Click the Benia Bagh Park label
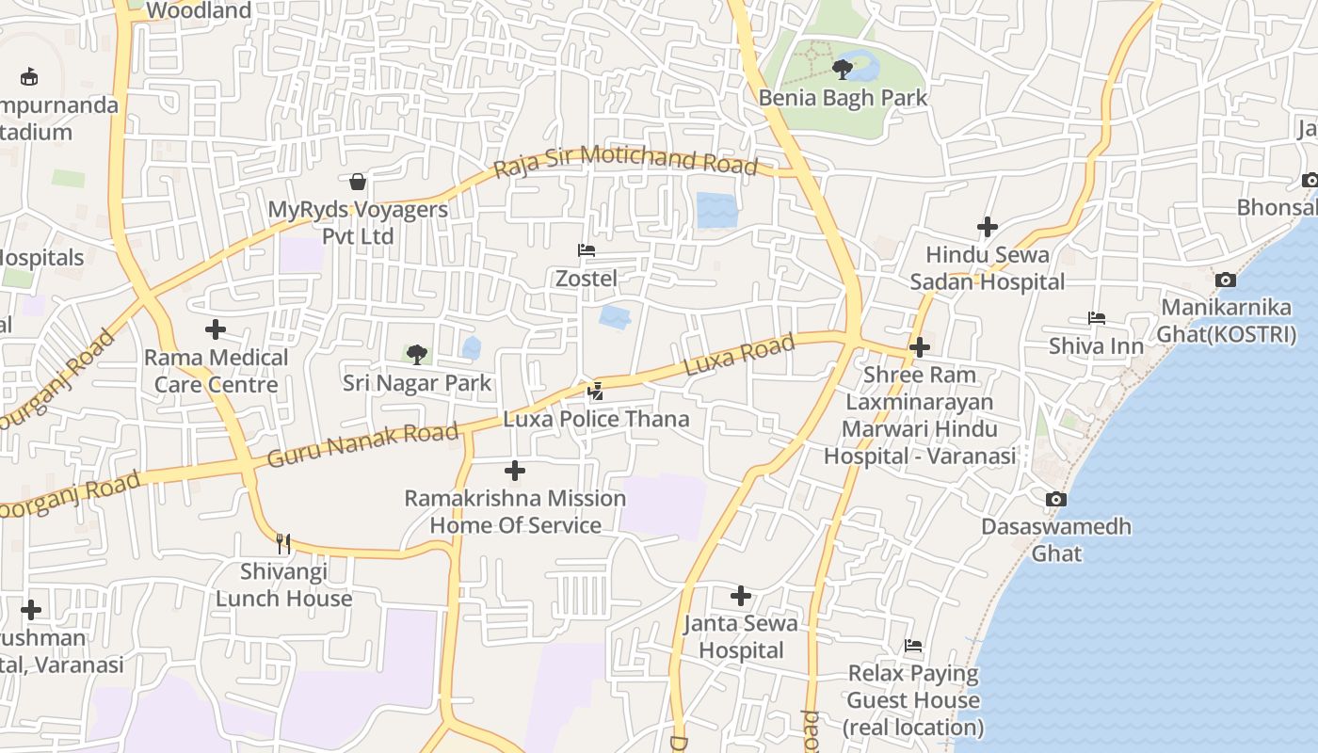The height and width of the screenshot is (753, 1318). click(843, 98)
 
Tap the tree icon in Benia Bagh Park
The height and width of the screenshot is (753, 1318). click(843, 69)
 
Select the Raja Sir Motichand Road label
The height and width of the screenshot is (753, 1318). click(626, 160)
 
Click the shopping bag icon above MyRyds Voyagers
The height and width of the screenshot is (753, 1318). click(358, 181)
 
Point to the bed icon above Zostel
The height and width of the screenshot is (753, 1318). click(587, 250)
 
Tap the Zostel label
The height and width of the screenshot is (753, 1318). click(587, 279)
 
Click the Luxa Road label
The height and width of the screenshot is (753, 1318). click(739, 356)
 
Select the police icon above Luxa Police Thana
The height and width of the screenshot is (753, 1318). click(595, 391)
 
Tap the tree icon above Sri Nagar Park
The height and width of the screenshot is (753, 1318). click(416, 355)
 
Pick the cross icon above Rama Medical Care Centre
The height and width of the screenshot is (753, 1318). click(216, 329)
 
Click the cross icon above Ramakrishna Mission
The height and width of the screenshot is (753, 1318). click(515, 471)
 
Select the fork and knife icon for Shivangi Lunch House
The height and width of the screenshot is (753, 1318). click(283, 543)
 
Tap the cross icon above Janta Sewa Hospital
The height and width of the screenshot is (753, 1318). click(741, 595)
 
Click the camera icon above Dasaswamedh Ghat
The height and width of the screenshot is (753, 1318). click(1056, 499)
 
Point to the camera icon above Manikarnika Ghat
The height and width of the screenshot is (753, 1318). click(1226, 280)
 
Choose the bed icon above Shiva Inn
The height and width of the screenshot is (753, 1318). click(1096, 318)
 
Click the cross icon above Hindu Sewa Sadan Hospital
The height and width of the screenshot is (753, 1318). click(987, 227)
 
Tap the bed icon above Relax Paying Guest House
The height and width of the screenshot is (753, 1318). click(913, 646)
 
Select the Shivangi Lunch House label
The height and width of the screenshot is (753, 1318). click(283, 585)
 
